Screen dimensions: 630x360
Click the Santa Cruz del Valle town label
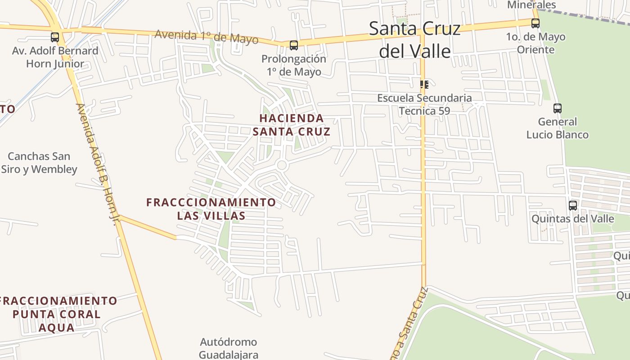(415, 40)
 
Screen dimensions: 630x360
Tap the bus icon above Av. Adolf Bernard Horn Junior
(55, 37)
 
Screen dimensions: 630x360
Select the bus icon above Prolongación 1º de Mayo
(294, 45)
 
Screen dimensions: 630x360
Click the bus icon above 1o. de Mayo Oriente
(535, 23)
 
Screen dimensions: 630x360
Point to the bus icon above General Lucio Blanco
(558, 108)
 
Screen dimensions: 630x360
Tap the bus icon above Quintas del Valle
(573, 206)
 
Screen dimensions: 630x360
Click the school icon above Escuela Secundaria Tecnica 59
(424, 84)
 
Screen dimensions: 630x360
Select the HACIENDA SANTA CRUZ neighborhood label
(292, 125)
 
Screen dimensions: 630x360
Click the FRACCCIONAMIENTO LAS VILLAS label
(211, 209)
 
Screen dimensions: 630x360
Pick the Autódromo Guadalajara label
(229, 348)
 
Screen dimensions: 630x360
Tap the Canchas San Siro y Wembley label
(39, 163)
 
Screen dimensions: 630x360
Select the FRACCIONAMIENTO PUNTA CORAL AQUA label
(57, 314)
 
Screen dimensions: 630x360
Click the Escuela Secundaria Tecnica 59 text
(424, 104)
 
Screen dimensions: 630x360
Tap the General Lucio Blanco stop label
(558, 128)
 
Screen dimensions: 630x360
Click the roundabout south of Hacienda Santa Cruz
(282, 165)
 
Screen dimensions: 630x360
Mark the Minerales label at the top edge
(531, 4)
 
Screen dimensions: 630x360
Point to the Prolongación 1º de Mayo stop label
(294, 65)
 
